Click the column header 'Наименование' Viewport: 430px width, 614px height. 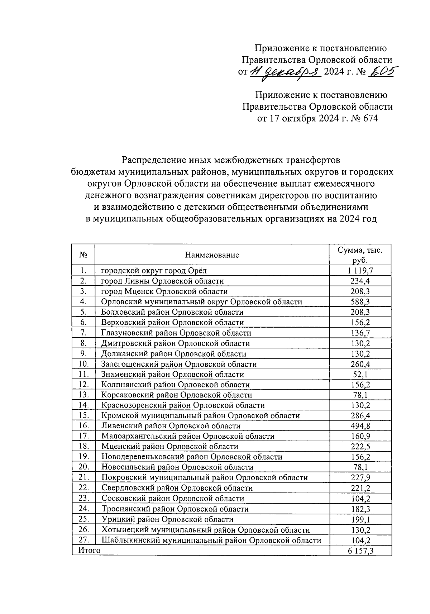click(x=212, y=255)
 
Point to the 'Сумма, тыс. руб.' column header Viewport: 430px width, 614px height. click(x=360, y=255)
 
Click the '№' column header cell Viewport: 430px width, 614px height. click(x=83, y=255)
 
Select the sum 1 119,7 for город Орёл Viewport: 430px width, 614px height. click(x=360, y=271)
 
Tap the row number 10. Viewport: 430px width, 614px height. click(x=83, y=364)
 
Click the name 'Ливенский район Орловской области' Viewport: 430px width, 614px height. click(x=171, y=426)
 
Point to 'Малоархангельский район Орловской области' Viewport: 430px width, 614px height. click(x=188, y=437)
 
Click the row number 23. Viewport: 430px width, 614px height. click(x=83, y=499)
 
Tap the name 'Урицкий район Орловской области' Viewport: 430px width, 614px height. click(x=167, y=519)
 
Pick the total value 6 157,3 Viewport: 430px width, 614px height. click(x=360, y=551)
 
